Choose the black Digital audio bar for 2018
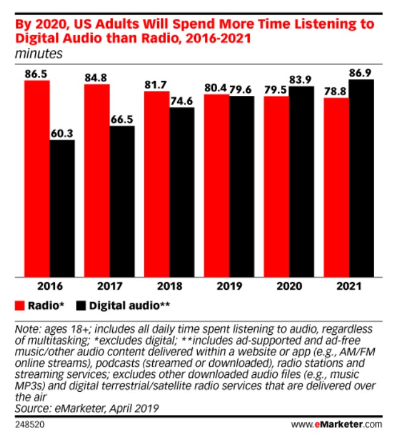tap(182, 191)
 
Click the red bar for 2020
tap(276, 185)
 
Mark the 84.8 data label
tap(96, 77)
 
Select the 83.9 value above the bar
tap(301, 79)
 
